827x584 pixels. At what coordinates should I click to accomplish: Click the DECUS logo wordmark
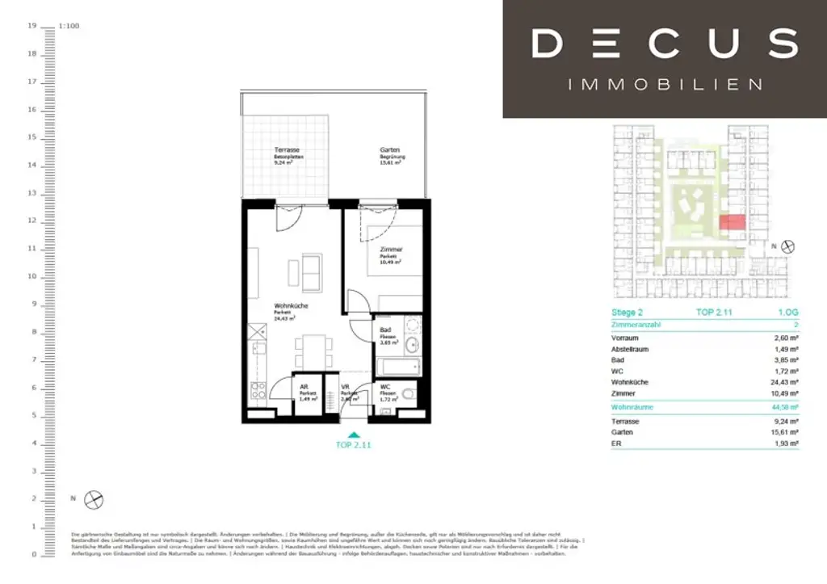coord(665,43)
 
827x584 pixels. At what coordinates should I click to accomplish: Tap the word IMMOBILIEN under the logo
coord(665,84)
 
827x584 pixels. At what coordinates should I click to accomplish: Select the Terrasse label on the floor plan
coord(287,151)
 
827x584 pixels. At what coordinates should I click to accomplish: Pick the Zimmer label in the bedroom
coord(391,250)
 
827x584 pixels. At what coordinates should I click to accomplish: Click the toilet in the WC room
coord(408,395)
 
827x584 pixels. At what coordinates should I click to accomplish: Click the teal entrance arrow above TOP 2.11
coord(354,435)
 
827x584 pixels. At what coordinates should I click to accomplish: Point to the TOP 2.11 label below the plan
coord(354,445)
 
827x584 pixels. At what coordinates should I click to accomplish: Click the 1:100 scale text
coord(69,27)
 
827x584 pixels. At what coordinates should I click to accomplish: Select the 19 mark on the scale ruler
coord(32,27)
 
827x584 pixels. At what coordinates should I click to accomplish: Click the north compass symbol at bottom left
coord(94,499)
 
